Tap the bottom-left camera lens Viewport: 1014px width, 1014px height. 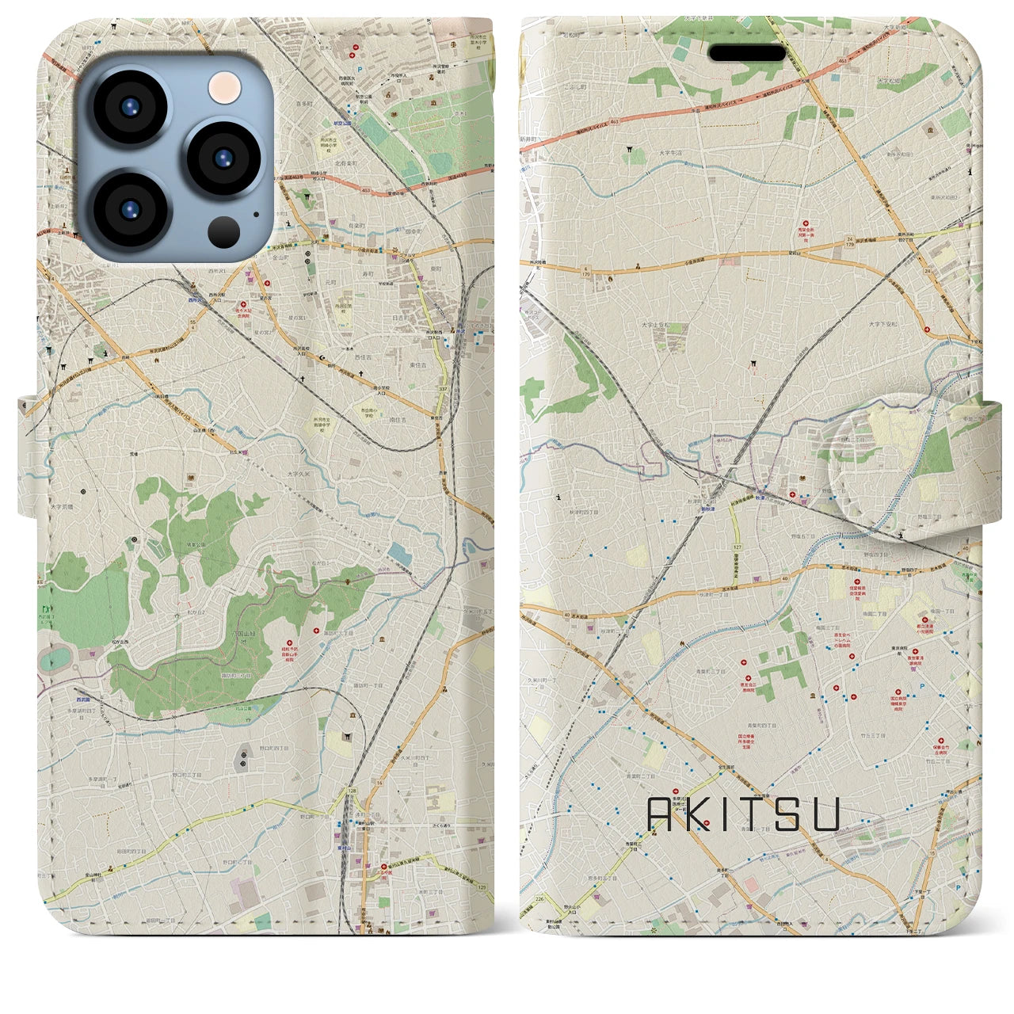(x=129, y=210)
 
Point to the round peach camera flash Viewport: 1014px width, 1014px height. (x=224, y=86)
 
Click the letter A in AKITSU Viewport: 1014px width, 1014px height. (x=661, y=814)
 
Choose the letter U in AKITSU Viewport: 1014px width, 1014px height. (x=824, y=814)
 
